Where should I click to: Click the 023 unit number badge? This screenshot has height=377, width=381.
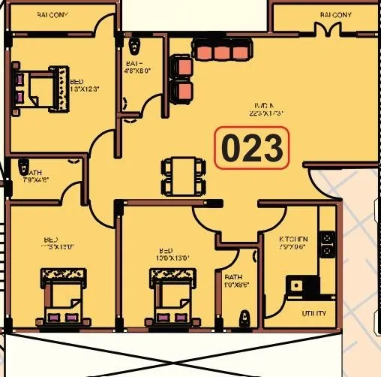(251, 148)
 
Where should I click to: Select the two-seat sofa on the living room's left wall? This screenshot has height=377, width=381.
(182, 79)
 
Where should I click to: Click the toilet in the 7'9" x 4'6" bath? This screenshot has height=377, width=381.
(24, 167)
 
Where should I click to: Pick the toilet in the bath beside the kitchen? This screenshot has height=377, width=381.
(242, 318)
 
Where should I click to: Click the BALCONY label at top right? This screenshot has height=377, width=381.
(335, 14)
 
